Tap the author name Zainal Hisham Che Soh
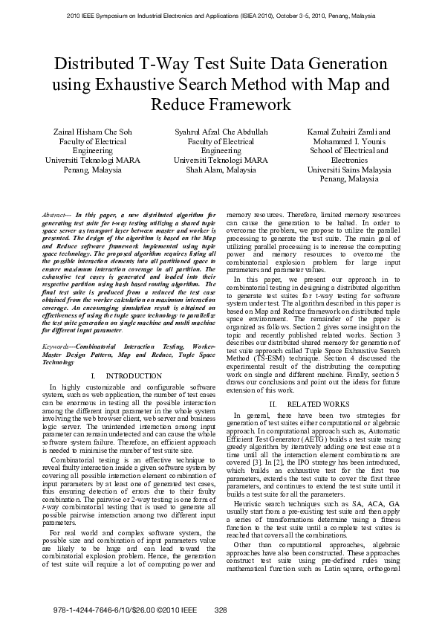click(x=92, y=132)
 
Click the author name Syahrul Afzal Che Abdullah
click(x=221, y=132)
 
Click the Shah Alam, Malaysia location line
click(x=221, y=170)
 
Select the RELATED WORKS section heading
click(x=319, y=404)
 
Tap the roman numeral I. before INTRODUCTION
click(x=92, y=376)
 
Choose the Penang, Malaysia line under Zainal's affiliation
click(x=92, y=170)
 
